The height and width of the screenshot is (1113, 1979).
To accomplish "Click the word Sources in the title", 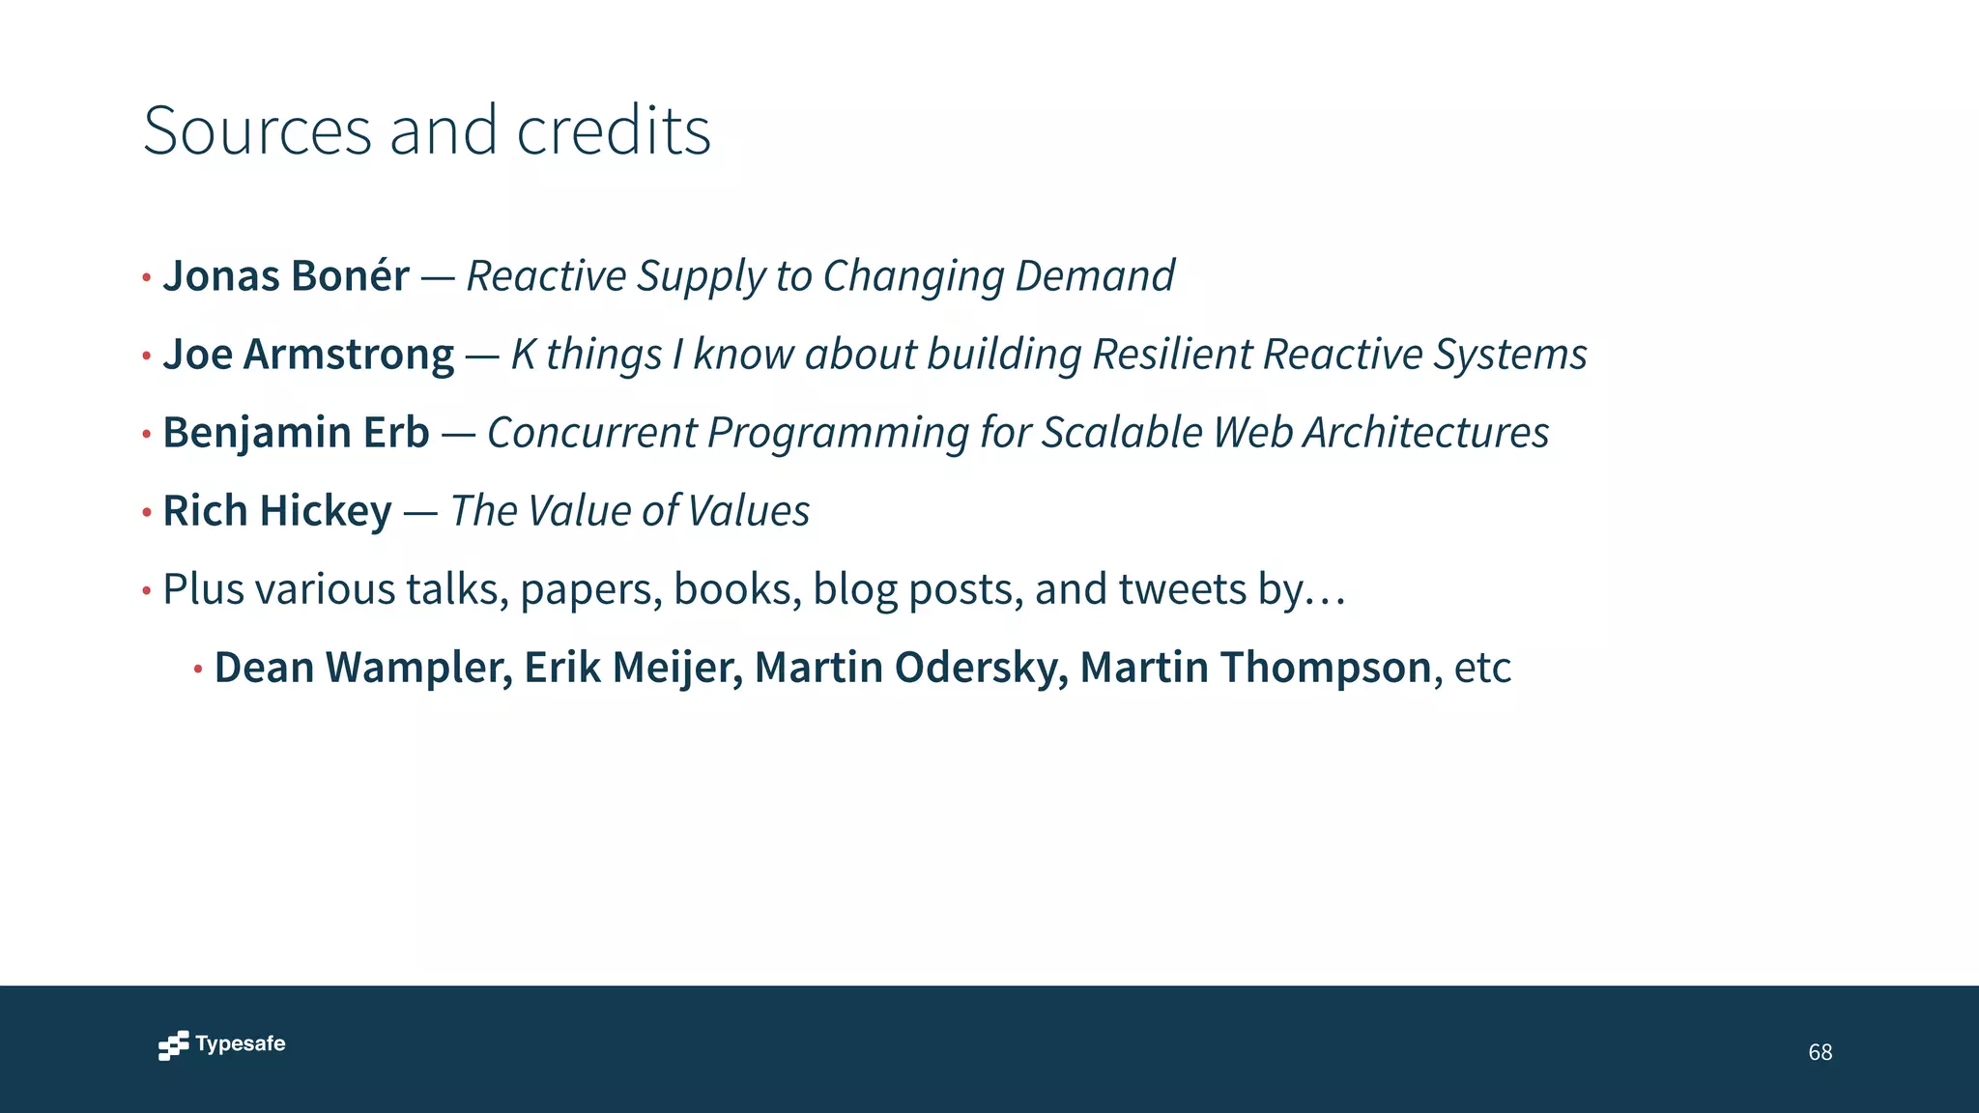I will tap(257, 131).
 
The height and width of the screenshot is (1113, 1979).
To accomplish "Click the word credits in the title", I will tap(614, 131).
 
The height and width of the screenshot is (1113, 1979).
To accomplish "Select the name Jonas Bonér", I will tap(286, 276).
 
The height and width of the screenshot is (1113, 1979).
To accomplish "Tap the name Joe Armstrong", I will tap(308, 355).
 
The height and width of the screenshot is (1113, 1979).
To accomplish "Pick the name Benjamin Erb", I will tap(296, 433).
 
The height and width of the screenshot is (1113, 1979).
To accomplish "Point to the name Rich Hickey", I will tap(277, 511).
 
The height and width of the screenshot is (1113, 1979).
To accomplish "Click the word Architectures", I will tap(1426, 433).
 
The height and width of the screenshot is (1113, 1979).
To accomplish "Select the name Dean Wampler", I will tap(363, 668).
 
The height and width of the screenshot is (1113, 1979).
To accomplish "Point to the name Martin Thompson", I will tap(1255, 668).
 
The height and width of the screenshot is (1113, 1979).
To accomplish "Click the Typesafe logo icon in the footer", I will tap(174, 1045).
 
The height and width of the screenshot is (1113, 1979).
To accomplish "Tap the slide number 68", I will tap(1820, 1052).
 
